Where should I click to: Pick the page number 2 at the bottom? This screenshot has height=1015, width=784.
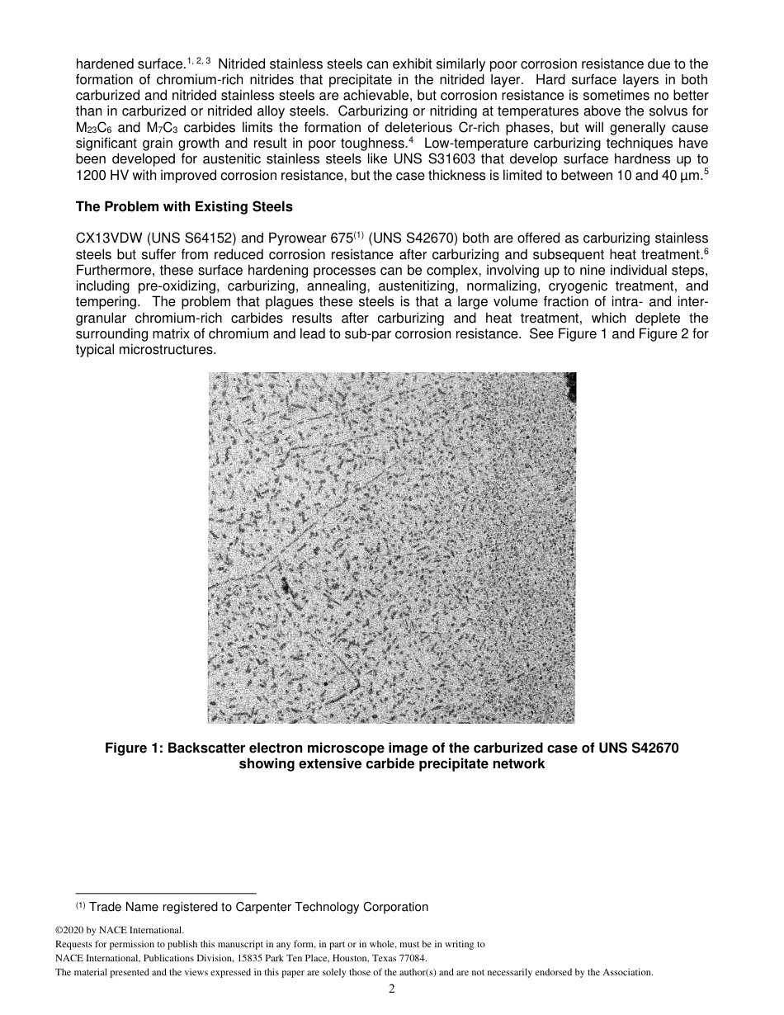[392, 989]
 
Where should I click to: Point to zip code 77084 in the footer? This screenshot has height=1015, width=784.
[410, 958]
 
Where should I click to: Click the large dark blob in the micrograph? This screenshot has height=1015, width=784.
[286, 587]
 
